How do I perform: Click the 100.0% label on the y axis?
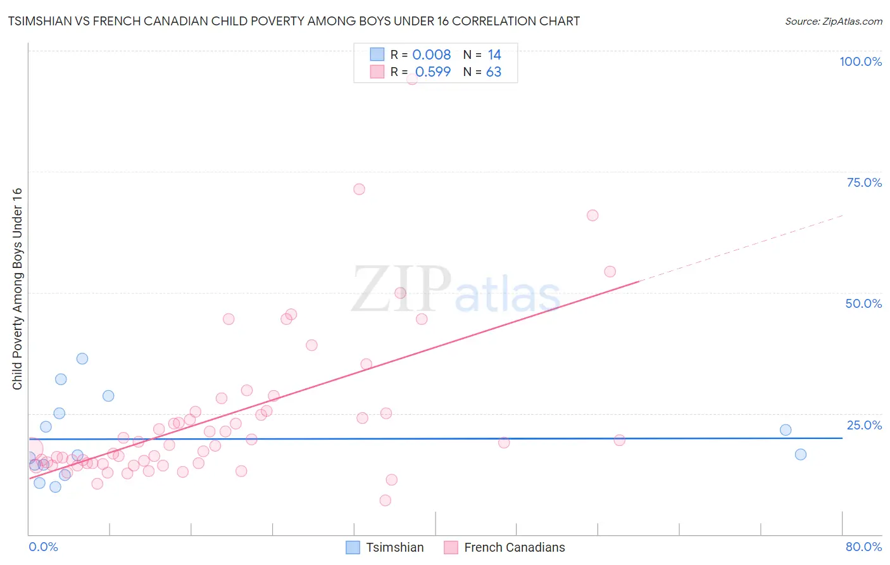coord(860,61)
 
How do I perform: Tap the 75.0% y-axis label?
coord(864,182)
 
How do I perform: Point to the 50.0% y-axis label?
coord(863,303)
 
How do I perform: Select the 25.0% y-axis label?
coord(864,424)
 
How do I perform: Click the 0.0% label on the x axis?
coord(43,547)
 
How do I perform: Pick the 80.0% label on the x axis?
coord(863,547)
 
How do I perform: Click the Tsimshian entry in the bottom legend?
coord(394,547)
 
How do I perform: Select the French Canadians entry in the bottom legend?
coord(514,547)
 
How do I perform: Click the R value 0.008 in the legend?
coord(432,55)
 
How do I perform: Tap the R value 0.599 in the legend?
coord(433,72)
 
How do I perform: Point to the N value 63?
coord(494,72)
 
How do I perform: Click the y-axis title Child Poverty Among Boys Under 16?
coord(17,289)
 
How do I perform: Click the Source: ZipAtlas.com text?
coord(833,21)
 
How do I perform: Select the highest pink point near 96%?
coord(412,79)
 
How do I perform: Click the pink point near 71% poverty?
coord(359,189)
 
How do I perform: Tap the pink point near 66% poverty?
coord(592,215)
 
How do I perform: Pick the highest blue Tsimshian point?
coord(82,359)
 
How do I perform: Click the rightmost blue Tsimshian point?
coord(801,454)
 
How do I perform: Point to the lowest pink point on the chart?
coord(385,500)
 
